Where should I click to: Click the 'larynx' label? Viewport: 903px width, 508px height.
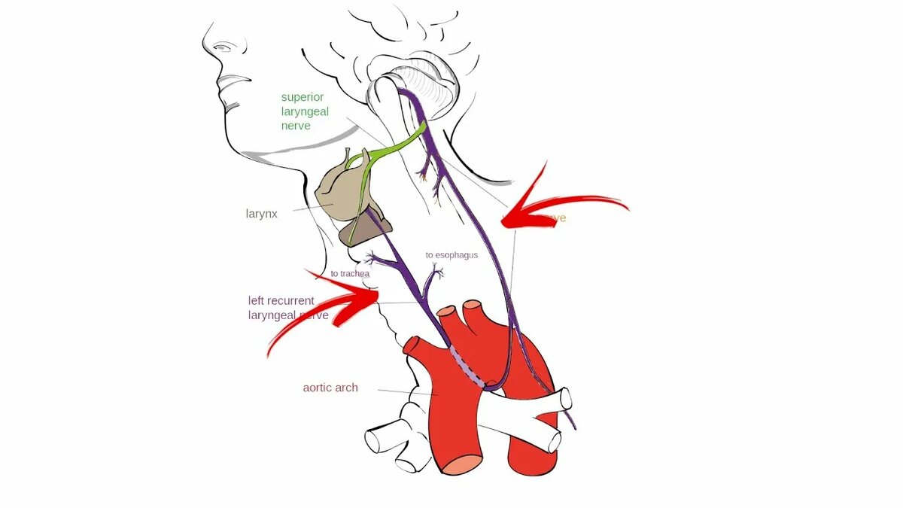[x=261, y=214]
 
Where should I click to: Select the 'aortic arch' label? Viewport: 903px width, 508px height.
[x=330, y=388]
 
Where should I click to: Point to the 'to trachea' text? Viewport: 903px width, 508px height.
[x=350, y=274]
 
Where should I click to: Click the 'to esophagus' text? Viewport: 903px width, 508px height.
[x=451, y=255]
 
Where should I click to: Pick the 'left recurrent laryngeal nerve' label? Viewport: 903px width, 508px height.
[x=288, y=308]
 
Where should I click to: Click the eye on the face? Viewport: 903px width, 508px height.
[x=223, y=47]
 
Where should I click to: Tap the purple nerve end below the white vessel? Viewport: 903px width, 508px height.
[x=574, y=427]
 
